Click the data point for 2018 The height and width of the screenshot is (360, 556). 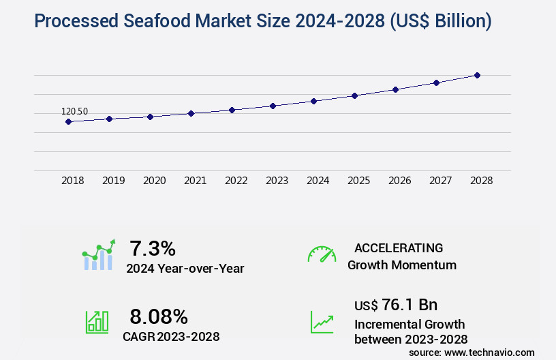pyautogui.click(x=68, y=121)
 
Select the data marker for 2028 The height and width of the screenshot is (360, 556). pyautogui.click(x=477, y=75)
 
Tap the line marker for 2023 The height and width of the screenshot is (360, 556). pyautogui.click(x=273, y=106)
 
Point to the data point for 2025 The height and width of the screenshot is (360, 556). pyautogui.click(x=354, y=95)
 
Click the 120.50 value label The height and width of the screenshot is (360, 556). pyautogui.click(x=74, y=112)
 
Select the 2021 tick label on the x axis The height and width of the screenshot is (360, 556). pyautogui.click(x=195, y=181)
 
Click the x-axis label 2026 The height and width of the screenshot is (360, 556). pyautogui.click(x=399, y=181)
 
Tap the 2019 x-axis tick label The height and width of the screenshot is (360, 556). pyautogui.click(x=113, y=181)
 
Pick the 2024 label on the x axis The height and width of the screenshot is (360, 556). pyautogui.click(x=318, y=181)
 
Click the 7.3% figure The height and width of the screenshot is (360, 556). pyautogui.click(x=153, y=247)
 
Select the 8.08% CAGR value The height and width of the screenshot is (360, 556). pyautogui.click(x=159, y=316)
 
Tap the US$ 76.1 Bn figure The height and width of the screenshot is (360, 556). pyautogui.click(x=396, y=305)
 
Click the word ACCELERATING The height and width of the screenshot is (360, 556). pyautogui.click(x=399, y=247)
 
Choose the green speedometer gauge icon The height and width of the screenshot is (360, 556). pyautogui.click(x=322, y=254)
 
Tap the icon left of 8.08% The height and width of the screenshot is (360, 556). pyautogui.click(x=97, y=322)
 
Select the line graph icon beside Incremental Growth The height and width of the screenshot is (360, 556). pyautogui.click(x=322, y=322)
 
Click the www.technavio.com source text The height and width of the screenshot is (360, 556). pyautogui.click(x=489, y=352)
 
